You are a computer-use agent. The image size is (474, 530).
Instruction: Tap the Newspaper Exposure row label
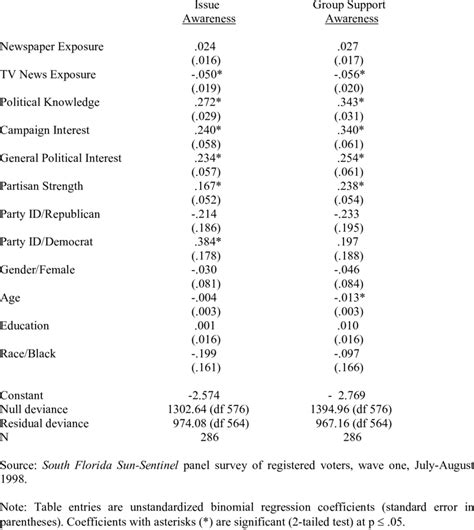pyautogui.click(x=52, y=46)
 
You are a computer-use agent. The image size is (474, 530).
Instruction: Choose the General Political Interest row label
pyautogui.click(x=62, y=158)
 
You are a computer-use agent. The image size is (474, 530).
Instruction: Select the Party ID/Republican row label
pyautogui.click(x=50, y=214)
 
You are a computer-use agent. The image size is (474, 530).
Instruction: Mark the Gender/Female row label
pyautogui.click(x=39, y=270)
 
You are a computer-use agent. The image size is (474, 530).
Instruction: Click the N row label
pyautogui.click(x=5, y=438)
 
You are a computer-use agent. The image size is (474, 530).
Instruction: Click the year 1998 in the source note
pyautogui.click(x=14, y=480)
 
